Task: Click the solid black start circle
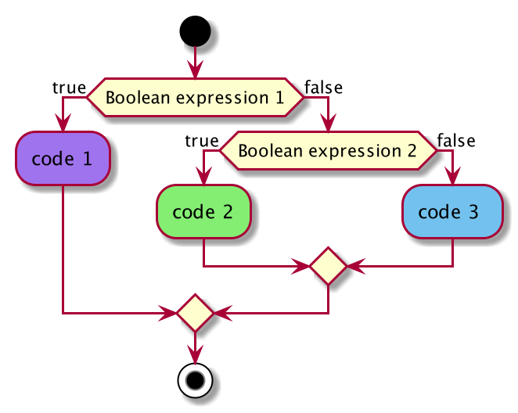(x=196, y=31)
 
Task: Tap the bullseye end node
(x=196, y=381)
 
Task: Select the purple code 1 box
(x=63, y=159)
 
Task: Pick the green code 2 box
(x=203, y=212)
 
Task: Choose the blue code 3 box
(x=452, y=212)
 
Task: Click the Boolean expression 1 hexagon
(x=195, y=98)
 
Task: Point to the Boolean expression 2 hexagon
(x=328, y=150)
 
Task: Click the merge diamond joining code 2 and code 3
(x=328, y=266)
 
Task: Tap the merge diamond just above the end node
(x=196, y=313)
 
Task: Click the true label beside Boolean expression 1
(x=70, y=88)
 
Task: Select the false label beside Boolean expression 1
(x=323, y=88)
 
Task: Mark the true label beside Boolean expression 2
(x=202, y=141)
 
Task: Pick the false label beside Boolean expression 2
(x=456, y=141)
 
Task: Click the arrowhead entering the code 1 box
(x=63, y=123)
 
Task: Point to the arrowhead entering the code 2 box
(x=203, y=176)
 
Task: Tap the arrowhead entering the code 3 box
(x=452, y=176)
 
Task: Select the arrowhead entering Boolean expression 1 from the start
(x=196, y=70)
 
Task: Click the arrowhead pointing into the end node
(x=196, y=355)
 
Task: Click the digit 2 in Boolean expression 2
(x=412, y=151)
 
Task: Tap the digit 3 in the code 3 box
(x=473, y=212)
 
